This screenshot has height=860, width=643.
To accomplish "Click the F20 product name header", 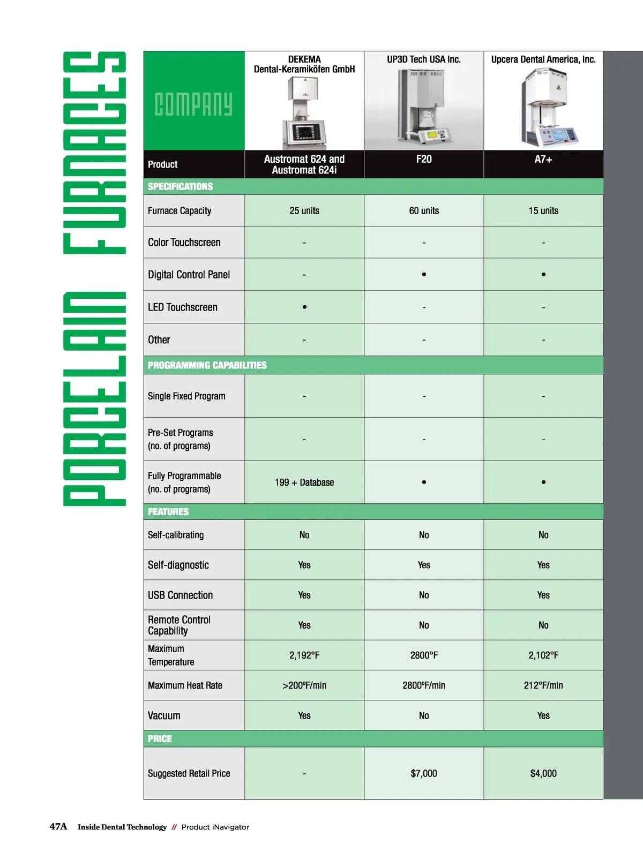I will click(423, 159).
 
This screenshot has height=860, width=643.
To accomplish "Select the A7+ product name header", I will click(543, 159).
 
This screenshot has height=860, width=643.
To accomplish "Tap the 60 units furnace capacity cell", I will click(423, 210).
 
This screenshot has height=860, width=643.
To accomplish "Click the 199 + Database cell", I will click(304, 482).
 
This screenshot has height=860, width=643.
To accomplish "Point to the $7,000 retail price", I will click(423, 773).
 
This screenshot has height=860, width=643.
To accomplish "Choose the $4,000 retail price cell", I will click(543, 773).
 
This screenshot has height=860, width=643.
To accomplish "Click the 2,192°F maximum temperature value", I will click(304, 655).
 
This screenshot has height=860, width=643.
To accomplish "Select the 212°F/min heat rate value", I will click(543, 685).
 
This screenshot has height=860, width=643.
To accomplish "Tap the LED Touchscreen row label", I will click(183, 307).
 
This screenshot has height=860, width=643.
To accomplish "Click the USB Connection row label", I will click(180, 595).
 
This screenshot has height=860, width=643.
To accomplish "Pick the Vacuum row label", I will click(164, 715).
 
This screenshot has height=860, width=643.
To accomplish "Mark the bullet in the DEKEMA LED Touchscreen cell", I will click(304, 307).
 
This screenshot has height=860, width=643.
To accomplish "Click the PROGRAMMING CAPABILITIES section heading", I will click(207, 365).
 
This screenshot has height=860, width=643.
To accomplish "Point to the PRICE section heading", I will click(160, 738).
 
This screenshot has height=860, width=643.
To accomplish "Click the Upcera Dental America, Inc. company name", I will click(543, 59).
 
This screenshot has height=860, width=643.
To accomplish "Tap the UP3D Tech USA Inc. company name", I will click(423, 59).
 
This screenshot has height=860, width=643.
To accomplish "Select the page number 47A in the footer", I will click(58, 826).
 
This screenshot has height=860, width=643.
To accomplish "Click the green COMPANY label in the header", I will click(193, 104).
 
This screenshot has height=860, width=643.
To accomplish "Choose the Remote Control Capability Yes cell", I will click(304, 625).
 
